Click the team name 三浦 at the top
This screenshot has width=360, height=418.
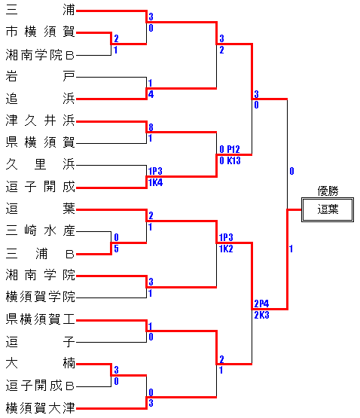click(40, 11)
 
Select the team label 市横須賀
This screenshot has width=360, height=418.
click(40, 32)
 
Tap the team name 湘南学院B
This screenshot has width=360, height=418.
click(40, 55)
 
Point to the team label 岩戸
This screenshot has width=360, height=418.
click(40, 77)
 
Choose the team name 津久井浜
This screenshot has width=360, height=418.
click(40, 121)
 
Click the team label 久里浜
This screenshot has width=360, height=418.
click(40, 165)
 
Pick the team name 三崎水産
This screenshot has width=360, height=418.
click(40, 231)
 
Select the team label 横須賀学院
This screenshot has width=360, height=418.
click(40, 297)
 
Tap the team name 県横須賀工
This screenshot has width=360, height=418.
click(40, 319)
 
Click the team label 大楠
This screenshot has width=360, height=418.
click(40, 364)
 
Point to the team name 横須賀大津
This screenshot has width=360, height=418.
click(40, 408)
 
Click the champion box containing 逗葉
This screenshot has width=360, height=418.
click(328, 209)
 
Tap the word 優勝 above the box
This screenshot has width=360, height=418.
click(328, 191)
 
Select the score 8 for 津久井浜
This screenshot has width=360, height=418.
click(151, 127)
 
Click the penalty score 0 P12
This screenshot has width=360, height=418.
click(230, 149)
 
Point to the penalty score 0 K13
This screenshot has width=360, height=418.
click(230, 160)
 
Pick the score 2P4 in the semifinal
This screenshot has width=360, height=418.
click(261, 304)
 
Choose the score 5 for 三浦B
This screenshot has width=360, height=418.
click(116, 249)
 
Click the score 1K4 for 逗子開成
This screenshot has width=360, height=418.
click(155, 182)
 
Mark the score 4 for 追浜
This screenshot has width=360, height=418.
click(151, 94)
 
